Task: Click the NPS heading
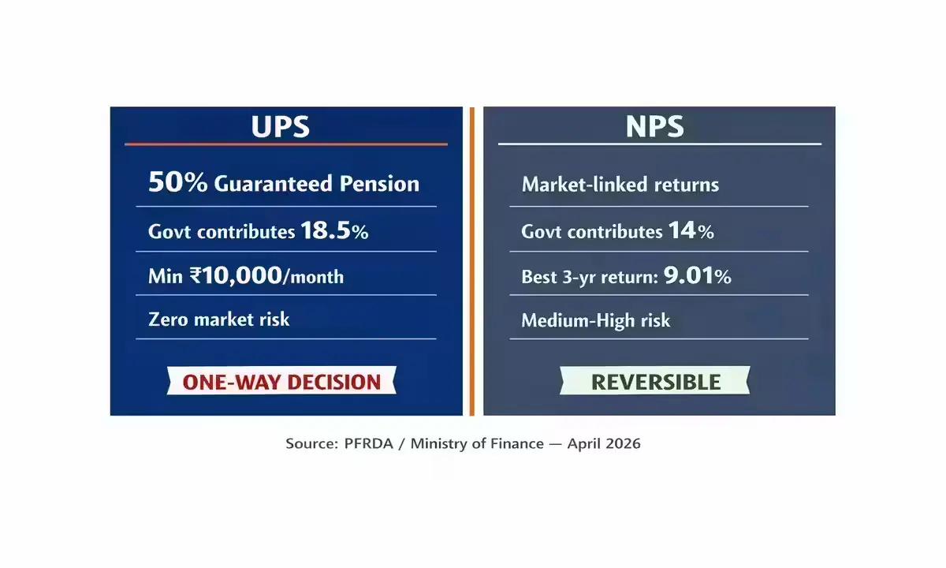coord(655,126)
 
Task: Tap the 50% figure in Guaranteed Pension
coord(177,183)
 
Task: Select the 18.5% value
coord(334,231)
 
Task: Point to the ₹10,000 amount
coord(236,275)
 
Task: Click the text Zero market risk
coord(219,319)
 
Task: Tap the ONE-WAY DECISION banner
coord(281,382)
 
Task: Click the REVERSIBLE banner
coord(656,382)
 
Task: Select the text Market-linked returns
coord(620,185)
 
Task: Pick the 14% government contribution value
coord(691,231)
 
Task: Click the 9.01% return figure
coord(697,276)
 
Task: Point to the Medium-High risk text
coord(595,320)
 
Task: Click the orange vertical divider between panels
coord(472,260)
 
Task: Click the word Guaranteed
coord(274,184)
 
